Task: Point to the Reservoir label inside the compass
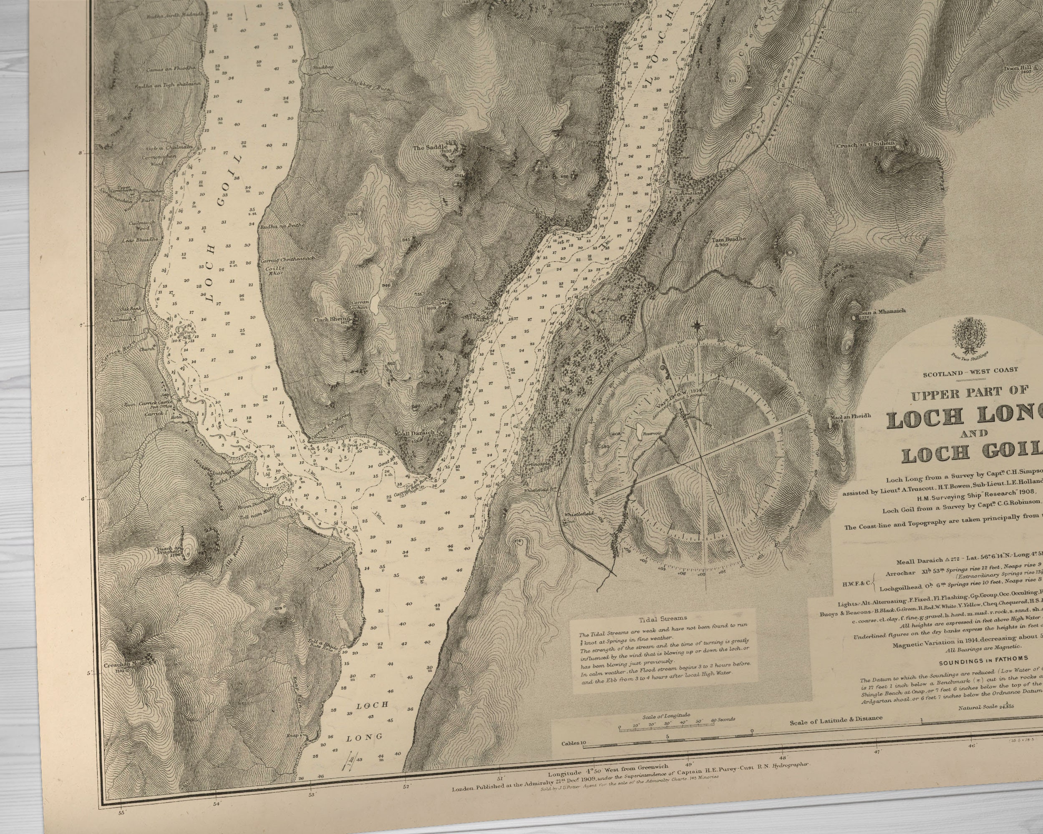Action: (x=651, y=434)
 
